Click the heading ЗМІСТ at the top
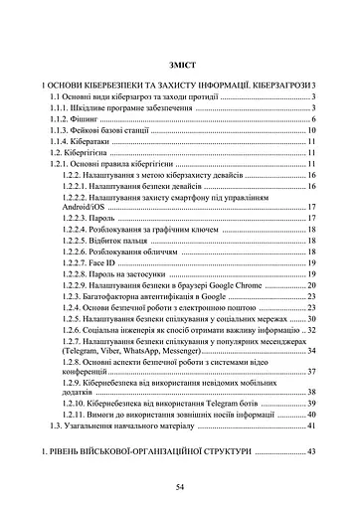[x=180, y=61]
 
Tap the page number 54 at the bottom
[x=180, y=488]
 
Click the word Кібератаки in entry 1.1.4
[x=102, y=142]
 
